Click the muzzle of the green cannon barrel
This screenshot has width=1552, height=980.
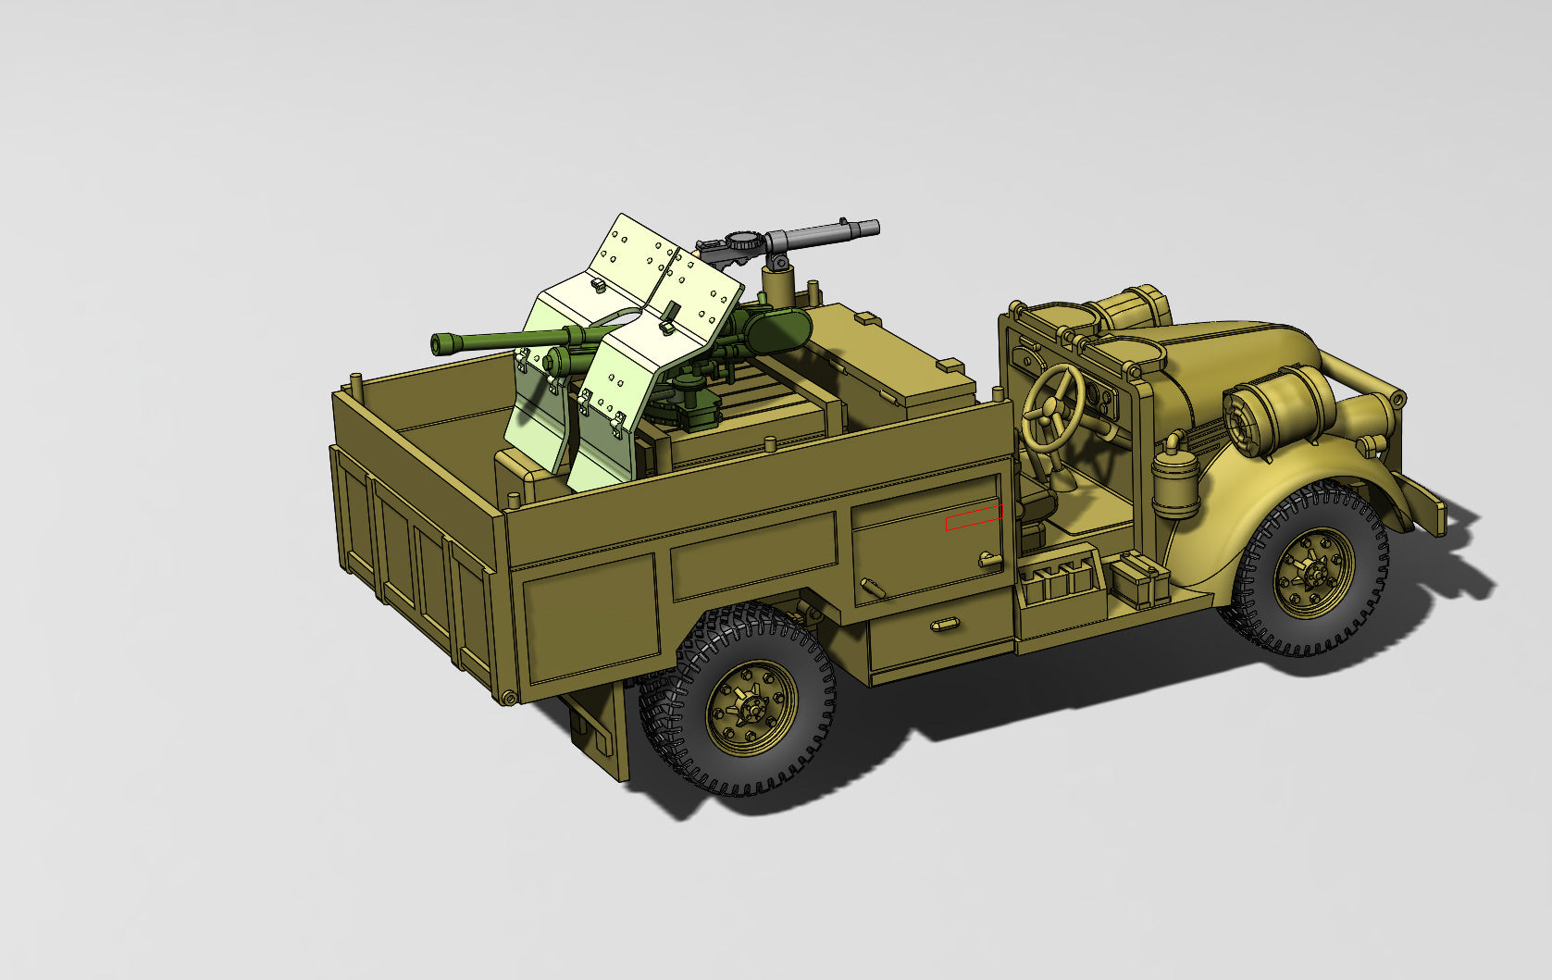[x=438, y=345]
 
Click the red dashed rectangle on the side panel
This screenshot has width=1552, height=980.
[x=973, y=518]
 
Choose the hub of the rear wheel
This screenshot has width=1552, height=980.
[x=751, y=709]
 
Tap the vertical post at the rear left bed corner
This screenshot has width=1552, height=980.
[x=356, y=382]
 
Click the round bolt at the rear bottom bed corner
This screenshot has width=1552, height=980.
[x=508, y=697]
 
